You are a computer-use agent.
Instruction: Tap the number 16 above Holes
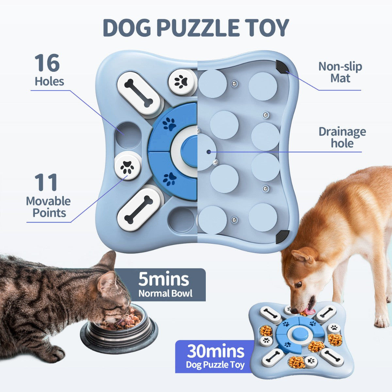pos(47,63)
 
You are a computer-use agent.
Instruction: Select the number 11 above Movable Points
pos(46,183)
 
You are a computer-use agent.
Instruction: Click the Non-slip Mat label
pos(340,72)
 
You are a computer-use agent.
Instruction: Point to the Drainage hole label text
pos(342,138)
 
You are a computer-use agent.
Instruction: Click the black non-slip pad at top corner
pos(281,66)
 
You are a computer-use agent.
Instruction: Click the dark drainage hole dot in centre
pos(209,151)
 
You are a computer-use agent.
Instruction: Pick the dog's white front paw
pos(382,321)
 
